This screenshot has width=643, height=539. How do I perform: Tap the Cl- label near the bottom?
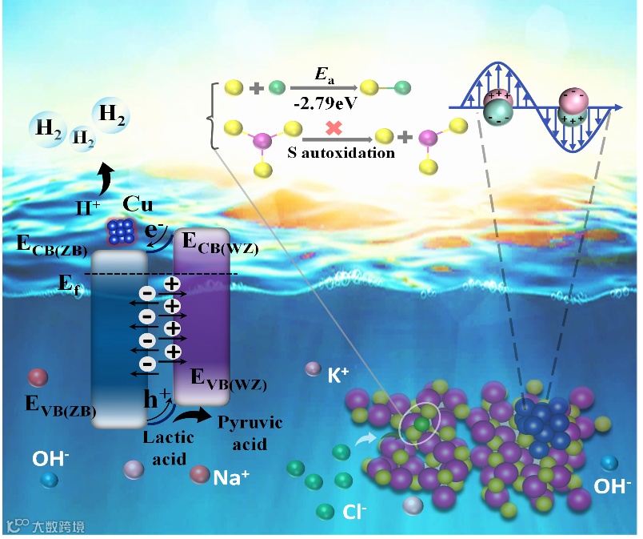coord(355,511)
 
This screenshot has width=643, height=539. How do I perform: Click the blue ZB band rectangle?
coord(120,336)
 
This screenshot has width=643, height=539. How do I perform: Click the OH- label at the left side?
coord(50,460)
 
